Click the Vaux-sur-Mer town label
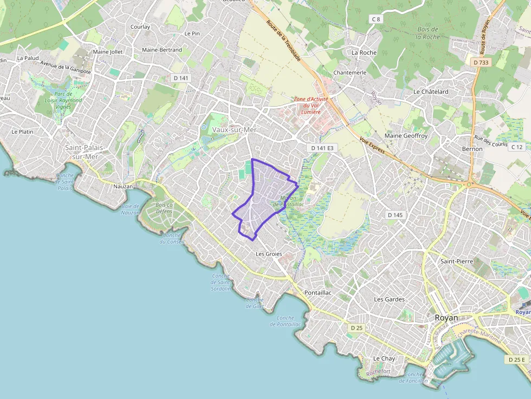click(x=234, y=130)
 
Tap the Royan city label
click(x=446, y=318)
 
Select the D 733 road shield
click(x=481, y=62)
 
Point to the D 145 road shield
click(x=396, y=215)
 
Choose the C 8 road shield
click(x=376, y=19)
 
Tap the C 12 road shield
click(x=516, y=147)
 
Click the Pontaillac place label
click(x=318, y=292)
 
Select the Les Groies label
click(x=269, y=253)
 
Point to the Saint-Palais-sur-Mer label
click(x=85, y=152)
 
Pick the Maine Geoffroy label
click(x=406, y=135)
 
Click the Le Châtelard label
click(x=431, y=91)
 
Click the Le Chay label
click(x=384, y=358)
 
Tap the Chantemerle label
click(x=350, y=73)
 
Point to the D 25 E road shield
click(x=517, y=359)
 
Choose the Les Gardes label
click(x=390, y=299)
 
